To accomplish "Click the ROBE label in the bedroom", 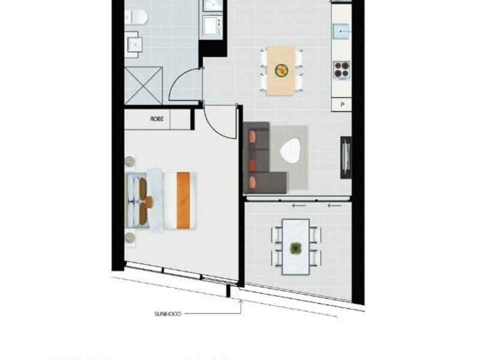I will [x=157, y=119].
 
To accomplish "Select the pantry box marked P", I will [x=343, y=104].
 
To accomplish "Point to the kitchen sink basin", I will [x=342, y=29].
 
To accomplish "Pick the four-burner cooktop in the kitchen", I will [x=341, y=70].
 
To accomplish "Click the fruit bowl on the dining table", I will [x=281, y=71].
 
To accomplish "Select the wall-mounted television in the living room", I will [x=346, y=158].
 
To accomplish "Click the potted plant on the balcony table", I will [x=295, y=247].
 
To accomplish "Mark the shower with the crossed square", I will [x=143, y=85].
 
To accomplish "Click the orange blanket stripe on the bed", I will [x=183, y=200].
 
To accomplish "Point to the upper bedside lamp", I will [x=130, y=161].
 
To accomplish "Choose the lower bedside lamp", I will [x=130, y=238].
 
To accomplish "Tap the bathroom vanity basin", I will [x=134, y=44].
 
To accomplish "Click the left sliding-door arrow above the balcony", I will [x=299, y=205].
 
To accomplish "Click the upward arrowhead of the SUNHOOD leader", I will [x=241, y=302].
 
